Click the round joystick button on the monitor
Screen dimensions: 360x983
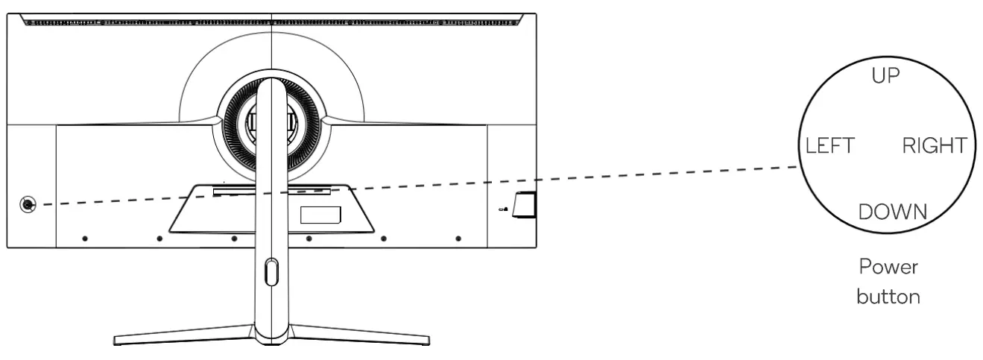pos(28,204)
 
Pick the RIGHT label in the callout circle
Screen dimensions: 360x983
pos(934,145)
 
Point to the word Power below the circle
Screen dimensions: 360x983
pos(885,266)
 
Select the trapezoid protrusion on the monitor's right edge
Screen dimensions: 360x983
pos(525,205)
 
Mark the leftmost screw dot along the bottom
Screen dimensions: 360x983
pos(85,239)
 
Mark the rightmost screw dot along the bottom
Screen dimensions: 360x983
pos(458,239)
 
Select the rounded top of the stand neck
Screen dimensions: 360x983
pos(270,86)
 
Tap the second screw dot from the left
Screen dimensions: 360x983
pos(159,239)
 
